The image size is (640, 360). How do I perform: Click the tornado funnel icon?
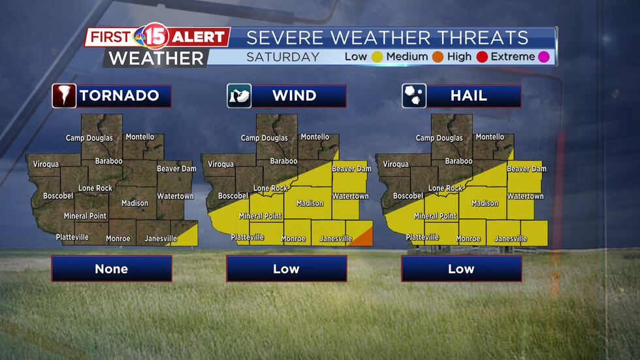(x=65, y=96)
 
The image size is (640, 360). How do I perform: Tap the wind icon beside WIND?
(x=239, y=96)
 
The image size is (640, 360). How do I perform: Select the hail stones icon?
(x=414, y=96)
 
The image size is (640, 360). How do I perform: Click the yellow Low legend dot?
(x=377, y=57)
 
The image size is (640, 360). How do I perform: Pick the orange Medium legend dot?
(x=438, y=57)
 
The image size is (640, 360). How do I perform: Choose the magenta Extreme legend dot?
(x=543, y=57)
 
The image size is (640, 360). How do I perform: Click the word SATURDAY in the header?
(x=283, y=57)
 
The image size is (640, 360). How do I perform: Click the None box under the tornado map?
(x=112, y=269)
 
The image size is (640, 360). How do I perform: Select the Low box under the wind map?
(x=286, y=269)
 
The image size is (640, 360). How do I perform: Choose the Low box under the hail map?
(x=461, y=269)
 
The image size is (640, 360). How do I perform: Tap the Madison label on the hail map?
(x=485, y=203)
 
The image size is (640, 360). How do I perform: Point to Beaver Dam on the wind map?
(x=351, y=169)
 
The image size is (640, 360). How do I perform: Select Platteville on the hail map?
(x=422, y=237)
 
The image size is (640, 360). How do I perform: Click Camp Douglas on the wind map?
(x=264, y=139)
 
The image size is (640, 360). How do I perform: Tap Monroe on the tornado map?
(x=118, y=239)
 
